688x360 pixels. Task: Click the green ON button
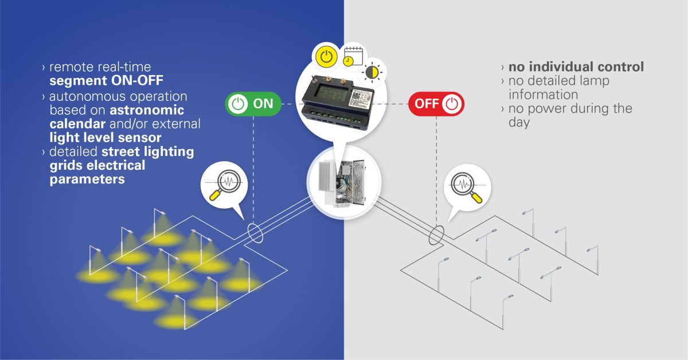coord(252,104)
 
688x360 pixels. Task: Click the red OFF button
coord(436,104)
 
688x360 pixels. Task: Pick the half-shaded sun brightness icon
coord(372,72)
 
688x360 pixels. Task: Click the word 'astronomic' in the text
coord(147,110)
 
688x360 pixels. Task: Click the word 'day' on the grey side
coord(519,122)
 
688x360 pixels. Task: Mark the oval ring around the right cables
coord(437,234)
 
